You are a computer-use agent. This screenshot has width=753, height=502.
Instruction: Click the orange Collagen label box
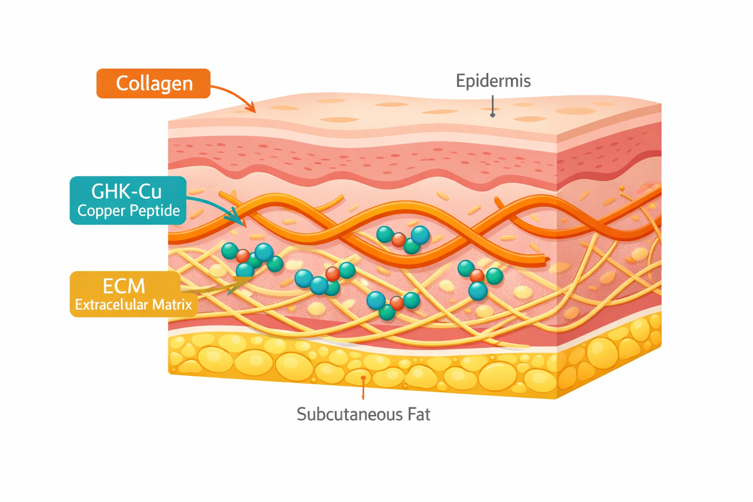tap(153, 83)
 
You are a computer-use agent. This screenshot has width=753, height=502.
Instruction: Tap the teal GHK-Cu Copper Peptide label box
tap(128, 201)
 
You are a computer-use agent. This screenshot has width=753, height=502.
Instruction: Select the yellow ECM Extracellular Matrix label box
tap(133, 294)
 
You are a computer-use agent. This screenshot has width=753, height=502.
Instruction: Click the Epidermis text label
tap(493, 81)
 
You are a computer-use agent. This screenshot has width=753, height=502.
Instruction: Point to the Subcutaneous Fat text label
tap(363, 414)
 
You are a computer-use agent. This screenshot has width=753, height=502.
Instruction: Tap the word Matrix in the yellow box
tap(172, 304)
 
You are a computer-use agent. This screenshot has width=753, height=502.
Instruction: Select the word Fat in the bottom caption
tap(419, 414)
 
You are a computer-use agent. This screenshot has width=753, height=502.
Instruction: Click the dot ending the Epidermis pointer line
tap(493, 115)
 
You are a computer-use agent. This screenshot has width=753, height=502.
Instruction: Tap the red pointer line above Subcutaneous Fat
tap(363, 388)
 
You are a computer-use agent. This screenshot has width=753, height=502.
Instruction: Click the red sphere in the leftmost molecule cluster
tap(243, 256)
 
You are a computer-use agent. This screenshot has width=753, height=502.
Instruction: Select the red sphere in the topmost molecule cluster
tap(399, 240)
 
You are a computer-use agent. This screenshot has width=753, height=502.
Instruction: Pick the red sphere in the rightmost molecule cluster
tap(477, 276)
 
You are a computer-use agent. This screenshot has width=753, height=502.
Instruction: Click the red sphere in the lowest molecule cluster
tap(397, 303)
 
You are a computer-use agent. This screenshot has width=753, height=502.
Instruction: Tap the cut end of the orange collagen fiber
tap(547, 260)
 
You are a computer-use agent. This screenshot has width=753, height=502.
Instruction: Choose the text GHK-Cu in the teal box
tap(126, 191)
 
